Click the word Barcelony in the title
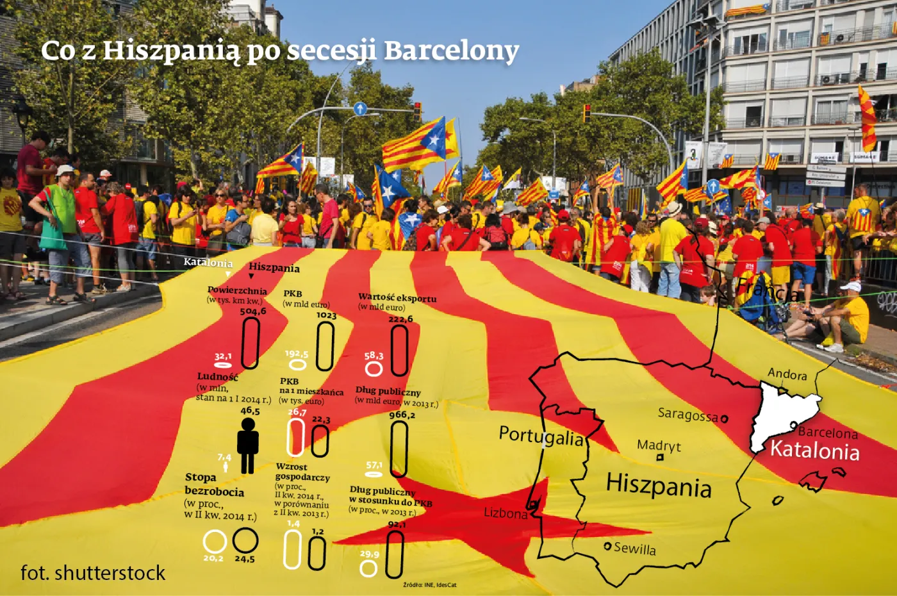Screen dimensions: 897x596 pos(451,51)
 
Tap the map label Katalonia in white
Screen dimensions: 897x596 pos(814,451)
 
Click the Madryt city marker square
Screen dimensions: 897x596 pos(660,458)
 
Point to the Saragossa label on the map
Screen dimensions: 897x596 pos(687,415)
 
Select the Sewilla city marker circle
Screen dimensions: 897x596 pos(607,546)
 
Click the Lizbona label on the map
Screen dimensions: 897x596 pos(505,513)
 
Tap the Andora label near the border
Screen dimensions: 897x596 pos(787,374)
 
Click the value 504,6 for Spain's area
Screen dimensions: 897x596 pos(252,311)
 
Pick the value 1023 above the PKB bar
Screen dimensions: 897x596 pos(325,315)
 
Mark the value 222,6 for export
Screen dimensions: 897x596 pos(400,319)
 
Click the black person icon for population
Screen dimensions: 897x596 pos(248,445)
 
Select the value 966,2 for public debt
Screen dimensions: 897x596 pos(401,415)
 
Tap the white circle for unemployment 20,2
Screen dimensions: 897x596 pos(215,542)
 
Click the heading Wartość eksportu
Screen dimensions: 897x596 pos(397,298)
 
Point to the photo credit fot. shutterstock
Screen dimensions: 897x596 pos(93,572)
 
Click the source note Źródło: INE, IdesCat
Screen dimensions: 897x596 pos(429,584)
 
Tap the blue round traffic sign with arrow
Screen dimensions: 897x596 pos(360,108)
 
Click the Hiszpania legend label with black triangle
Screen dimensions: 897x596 pos(274,268)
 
